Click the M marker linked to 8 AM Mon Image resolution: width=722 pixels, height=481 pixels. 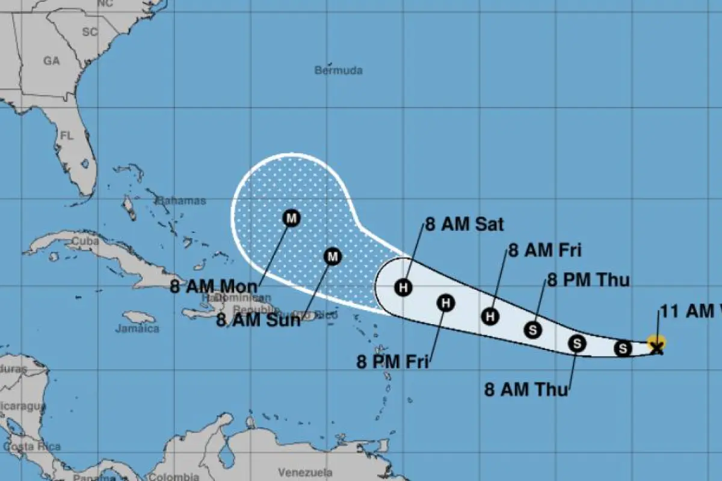[x=291, y=218]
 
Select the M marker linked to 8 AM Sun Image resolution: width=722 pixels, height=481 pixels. [x=333, y=257]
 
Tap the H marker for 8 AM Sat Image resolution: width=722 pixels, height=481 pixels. [x=404, y=287]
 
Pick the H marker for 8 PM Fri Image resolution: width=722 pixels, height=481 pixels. [x=446, y=302]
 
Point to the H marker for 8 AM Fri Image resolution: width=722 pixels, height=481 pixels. [x=491, y=316]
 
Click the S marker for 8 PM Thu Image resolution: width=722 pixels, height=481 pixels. [x=532, y=329]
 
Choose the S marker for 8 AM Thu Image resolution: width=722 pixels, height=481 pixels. [x=577, y=343]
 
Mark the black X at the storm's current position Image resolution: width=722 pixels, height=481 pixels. [x=657, y=347]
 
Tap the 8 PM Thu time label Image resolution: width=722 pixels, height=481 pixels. [x=588, y=280]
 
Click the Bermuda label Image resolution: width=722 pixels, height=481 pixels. [x=339, y=70]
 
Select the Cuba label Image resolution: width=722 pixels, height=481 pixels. [x=85, y=240]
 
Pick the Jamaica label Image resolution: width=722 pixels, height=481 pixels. [x=138, y=329]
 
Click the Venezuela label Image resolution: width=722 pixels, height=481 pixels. [x=306, y=472]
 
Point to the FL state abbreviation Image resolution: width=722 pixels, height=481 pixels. [x=66, y=136]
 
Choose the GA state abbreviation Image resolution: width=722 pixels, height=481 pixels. [x=52, y=61]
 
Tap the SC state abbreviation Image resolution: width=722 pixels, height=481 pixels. [x=90, y=32]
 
